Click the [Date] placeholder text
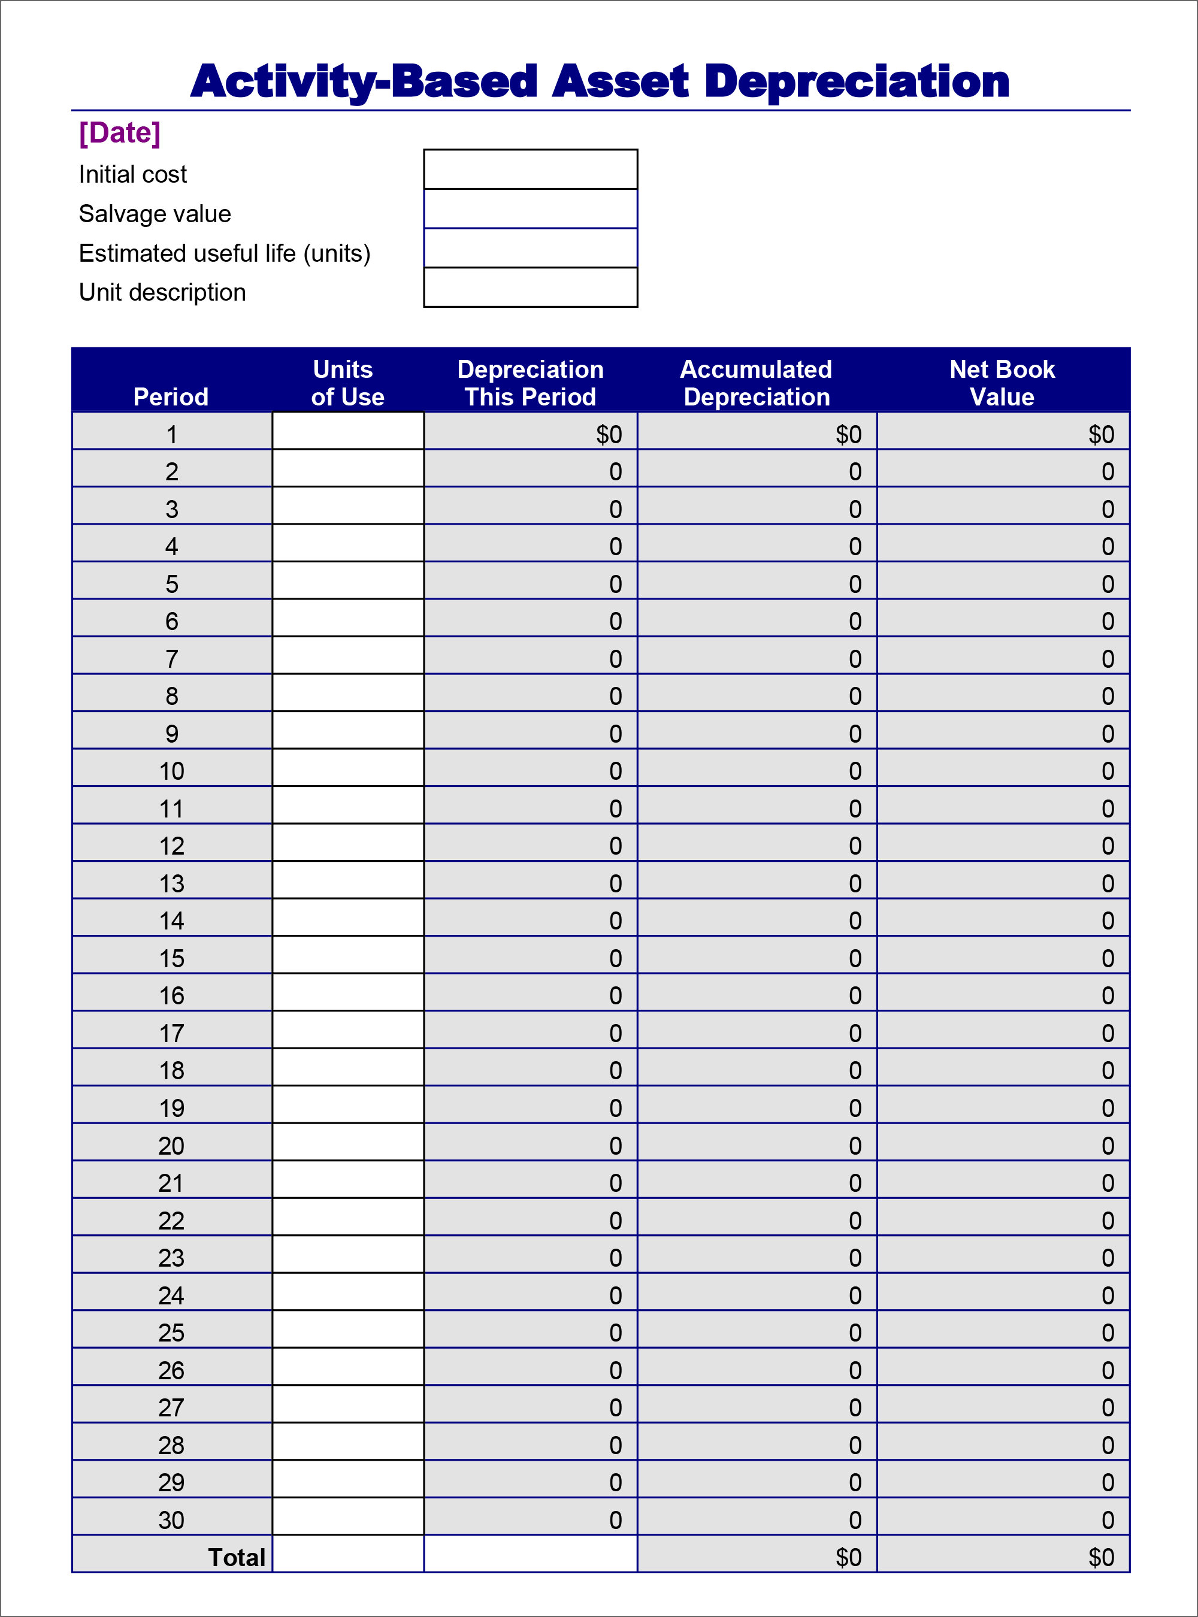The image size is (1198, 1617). click(x=120, y=133)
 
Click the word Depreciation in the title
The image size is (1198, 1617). click(x=857, y=81)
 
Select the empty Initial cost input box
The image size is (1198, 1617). click(x=530, y=169)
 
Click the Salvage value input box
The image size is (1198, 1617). click(x=530, y=209)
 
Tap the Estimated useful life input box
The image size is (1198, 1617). click(x=530, y=248)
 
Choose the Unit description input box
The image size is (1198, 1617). click(x=530, y=287)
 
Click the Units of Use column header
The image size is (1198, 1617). click(x=347, y=383)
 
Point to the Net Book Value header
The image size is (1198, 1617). click(x=1002, y=383)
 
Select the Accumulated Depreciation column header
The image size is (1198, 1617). click(x=757, y=383)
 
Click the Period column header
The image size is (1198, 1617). click(x=171, y=396)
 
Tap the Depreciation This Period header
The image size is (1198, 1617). click(x=530, y=383)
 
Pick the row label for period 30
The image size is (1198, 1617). click(x=172, y=1520)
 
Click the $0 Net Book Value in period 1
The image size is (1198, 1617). click(x=1101, y=434)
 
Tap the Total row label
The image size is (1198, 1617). click(x=237, y=1558)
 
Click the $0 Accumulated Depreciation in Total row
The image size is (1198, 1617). click(x=848, y=1558)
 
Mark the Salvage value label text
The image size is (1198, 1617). click(x=155, y=214)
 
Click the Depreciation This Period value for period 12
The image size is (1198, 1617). click(x=615, y=846)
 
